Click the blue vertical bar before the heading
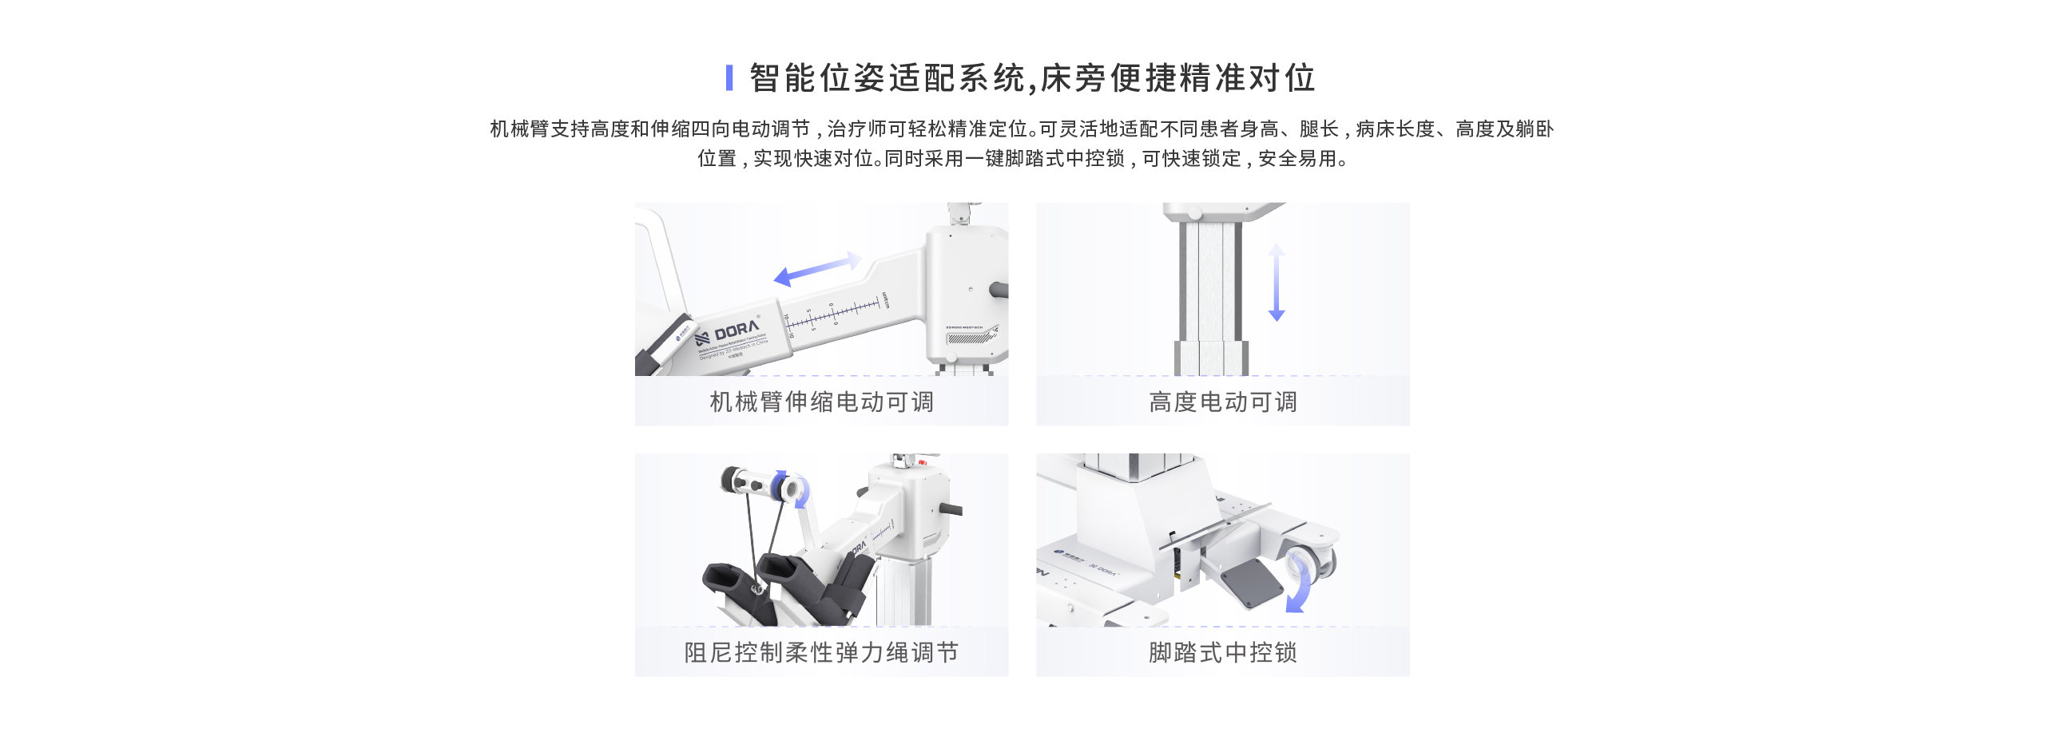pyautogui.click(x=729, y=77)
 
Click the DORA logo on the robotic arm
pyautogui.click(x=735, y=330)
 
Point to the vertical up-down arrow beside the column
pyautogui.click(x=1277, y=283)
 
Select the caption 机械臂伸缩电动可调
pyautogui.click(x=821, y=402)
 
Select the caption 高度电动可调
pyautogui.click(x=1222, y=402)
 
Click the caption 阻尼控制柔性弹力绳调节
pyautogui.click(x=821, y=652)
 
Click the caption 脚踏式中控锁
pyautogui.click(x=1222, y=652)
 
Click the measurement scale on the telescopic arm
pyautogui.click(x=835, y=314)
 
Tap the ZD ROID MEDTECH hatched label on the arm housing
pyautogui.click(x=970, y=335)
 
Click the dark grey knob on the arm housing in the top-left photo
pyautogui.click(x=998, y=290)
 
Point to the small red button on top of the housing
pyautogui.click(x=922, y=462)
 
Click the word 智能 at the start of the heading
pyautogui.click(x=767, y=78)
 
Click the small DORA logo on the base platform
pyautogui.click(x=1104, y=569)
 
